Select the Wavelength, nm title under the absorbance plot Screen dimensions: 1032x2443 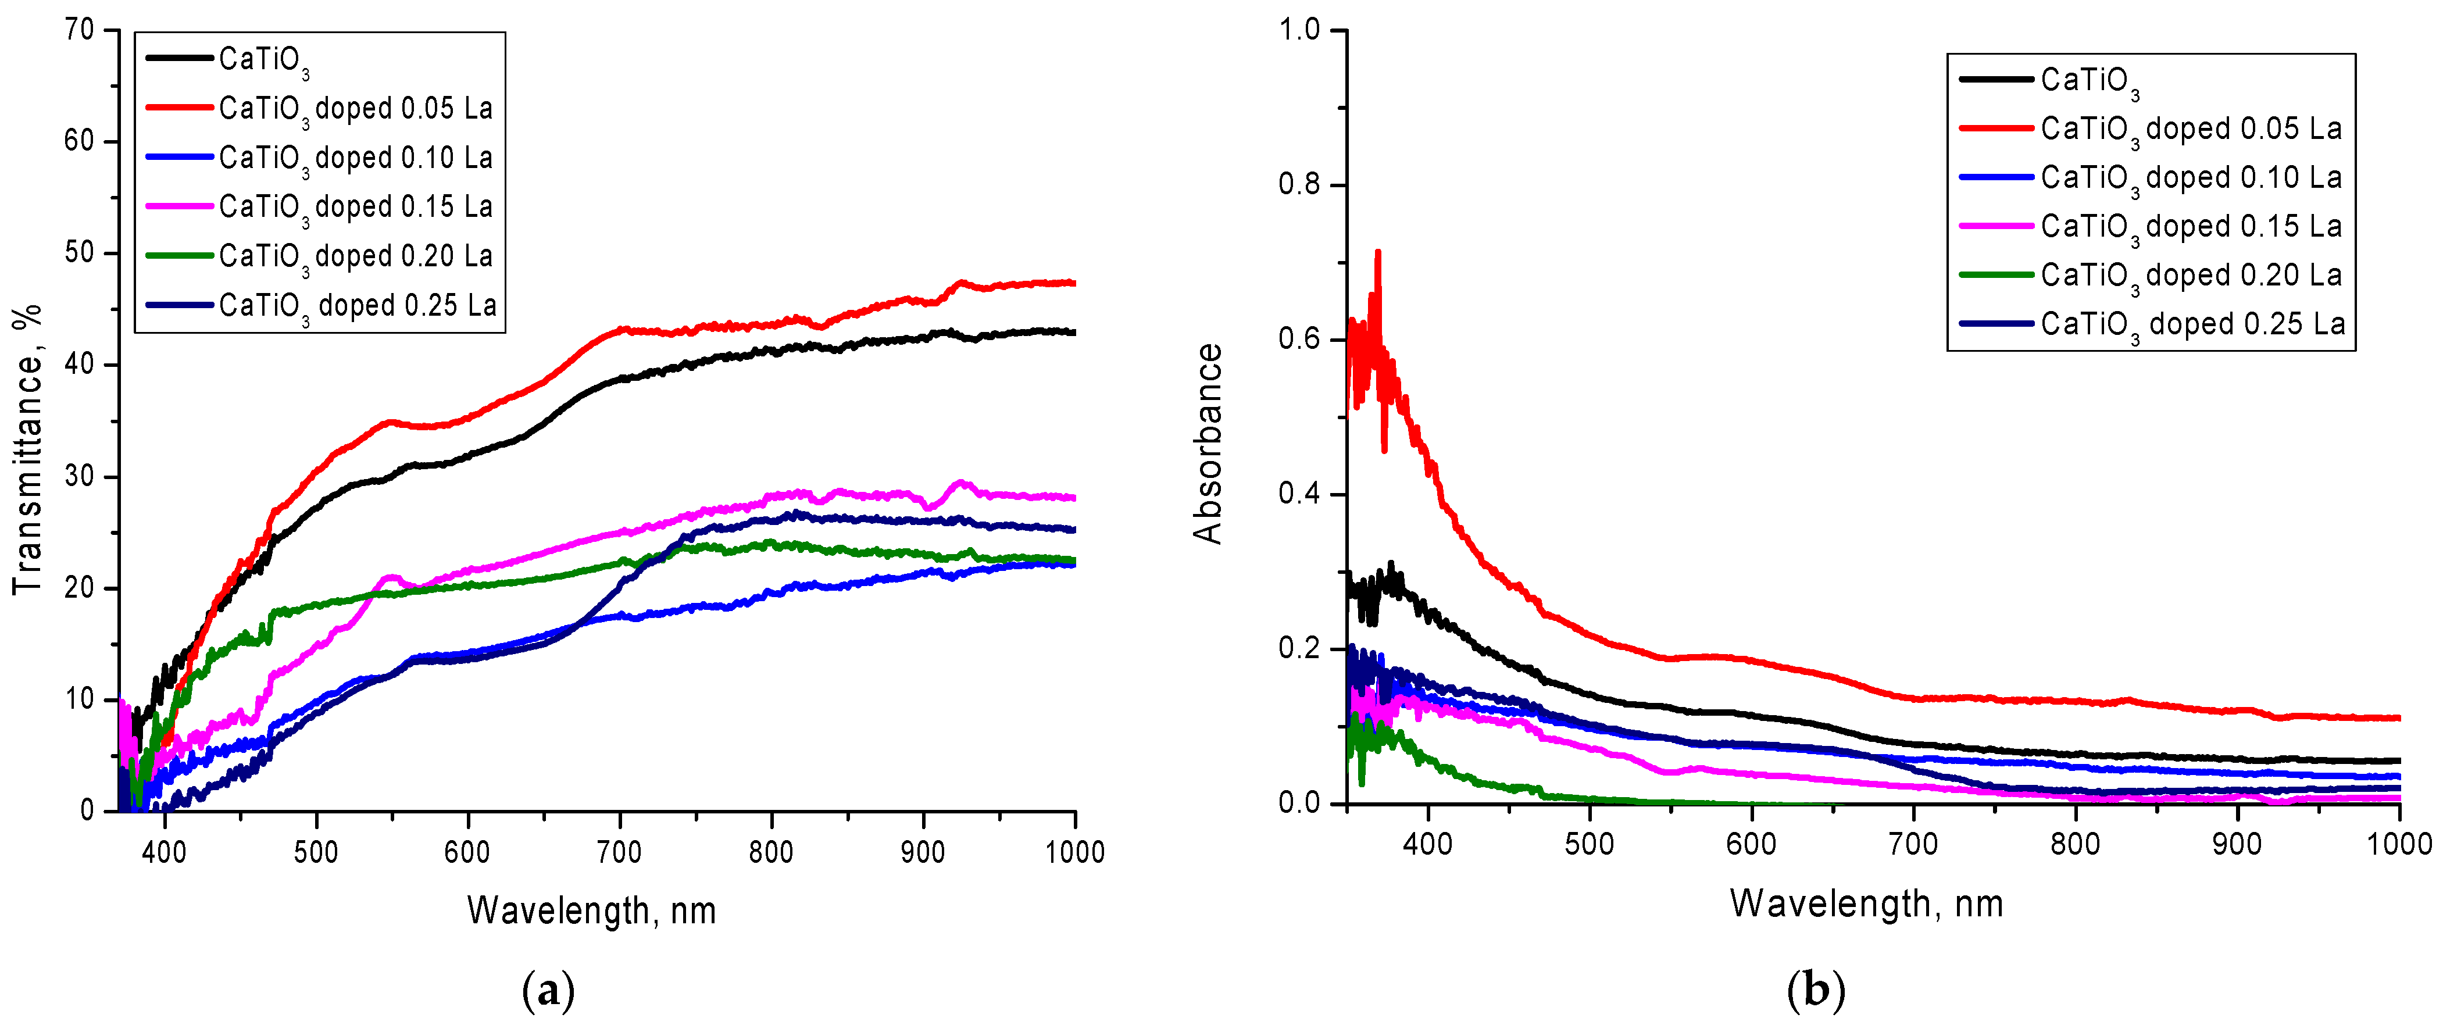click(x=1866, y=903)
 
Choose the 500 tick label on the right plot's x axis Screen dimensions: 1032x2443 click(x=1590, y=844)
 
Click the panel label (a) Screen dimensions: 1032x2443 click(x=548, y=992)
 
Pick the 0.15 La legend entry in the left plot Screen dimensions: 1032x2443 click(x=356, y=207)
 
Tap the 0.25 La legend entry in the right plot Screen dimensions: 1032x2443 click(x=2192, y=324)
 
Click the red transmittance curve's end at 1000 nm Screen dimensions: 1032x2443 click(x=1073, y=283)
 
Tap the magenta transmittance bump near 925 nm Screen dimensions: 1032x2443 click(x=960, y=484)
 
